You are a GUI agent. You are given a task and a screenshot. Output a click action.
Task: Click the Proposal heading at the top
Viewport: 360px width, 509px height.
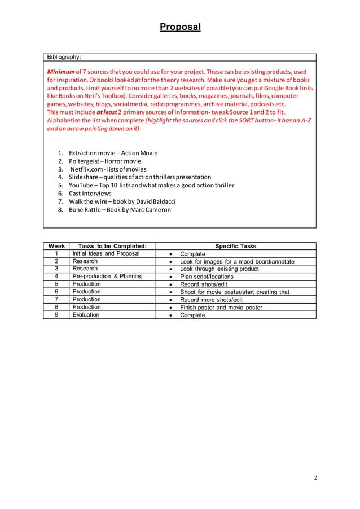pos(180,27)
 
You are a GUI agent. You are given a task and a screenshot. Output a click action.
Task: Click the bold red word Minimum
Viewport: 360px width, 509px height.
pos(61,73)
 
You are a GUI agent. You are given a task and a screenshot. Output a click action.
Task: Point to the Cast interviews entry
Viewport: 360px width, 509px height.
pos(90,194)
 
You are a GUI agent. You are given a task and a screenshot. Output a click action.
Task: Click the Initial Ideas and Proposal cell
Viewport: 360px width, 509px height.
pos(106,254)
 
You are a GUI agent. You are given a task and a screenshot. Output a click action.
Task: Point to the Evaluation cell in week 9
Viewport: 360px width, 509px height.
pos(86,315)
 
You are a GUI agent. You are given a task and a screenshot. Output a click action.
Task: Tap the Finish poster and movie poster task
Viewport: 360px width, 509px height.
pos(221,308)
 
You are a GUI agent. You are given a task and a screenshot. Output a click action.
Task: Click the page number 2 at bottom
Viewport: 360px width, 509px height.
pos(315,478)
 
